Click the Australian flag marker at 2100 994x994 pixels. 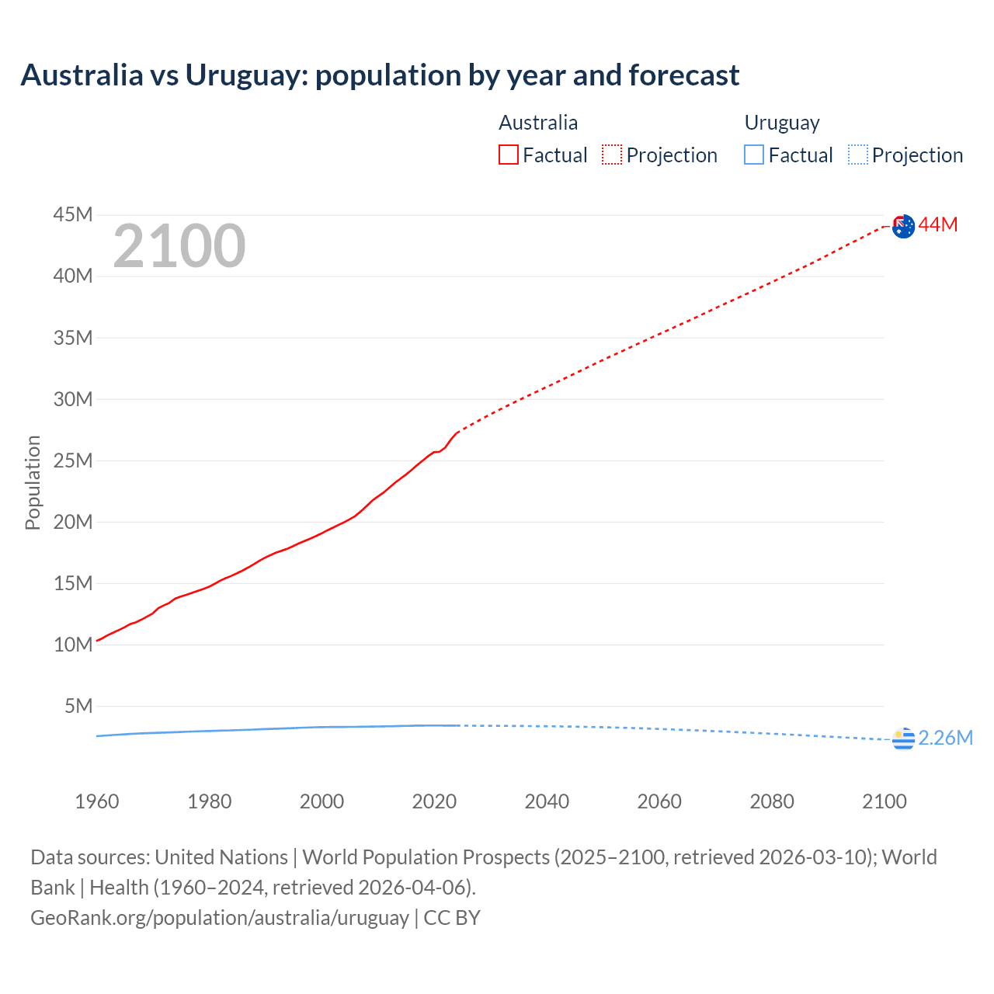(x=903, y=226)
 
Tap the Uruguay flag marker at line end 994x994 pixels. (x=903, y=739)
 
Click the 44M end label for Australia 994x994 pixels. (x=938, y=225)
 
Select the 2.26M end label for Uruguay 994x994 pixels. (x=945, y=739)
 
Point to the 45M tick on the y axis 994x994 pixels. (x=73, y=215)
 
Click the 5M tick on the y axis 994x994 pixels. (x=78, y=707)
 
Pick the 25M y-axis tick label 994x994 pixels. (x=73, y=461)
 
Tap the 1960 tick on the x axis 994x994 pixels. (x=97, y=802)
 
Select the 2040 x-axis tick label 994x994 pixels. (x=547, y=802)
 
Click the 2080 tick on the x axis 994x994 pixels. (x=772, y=802)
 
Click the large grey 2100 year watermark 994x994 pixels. (x=179, y=246)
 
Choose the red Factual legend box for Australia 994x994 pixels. (x=509, y=155)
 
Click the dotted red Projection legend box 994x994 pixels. (x=612, y=155)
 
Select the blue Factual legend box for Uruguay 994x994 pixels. (x=754, y=155)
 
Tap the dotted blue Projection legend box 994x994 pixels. (x=858, y=155)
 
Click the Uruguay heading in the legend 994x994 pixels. (x=782, y=123)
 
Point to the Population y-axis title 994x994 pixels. (x=33, y=483)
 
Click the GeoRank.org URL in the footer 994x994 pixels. (x=220, y=918)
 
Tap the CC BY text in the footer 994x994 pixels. (x=452, y=918)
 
